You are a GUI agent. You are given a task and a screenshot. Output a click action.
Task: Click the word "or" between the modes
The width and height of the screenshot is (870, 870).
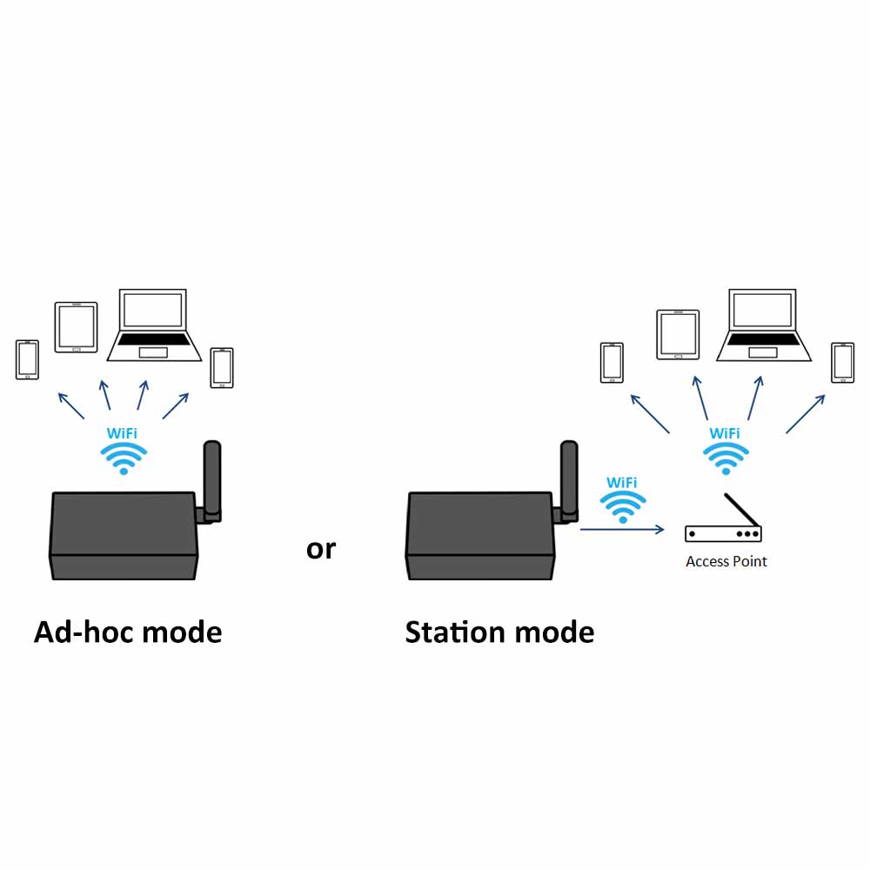(320, 550)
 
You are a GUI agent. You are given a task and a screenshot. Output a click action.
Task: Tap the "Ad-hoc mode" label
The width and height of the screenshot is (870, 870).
(128, 632)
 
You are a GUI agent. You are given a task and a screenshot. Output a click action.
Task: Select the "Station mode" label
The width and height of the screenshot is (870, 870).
(499, 632)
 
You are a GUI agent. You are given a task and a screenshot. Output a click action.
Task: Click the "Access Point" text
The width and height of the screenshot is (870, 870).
(726, 561)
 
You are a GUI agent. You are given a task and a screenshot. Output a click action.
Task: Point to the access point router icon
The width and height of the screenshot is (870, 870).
(723, 532)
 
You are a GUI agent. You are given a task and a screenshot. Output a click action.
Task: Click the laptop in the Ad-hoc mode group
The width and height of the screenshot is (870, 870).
(154, 325)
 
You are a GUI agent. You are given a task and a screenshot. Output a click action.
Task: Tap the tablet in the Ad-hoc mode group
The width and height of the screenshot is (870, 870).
(77, 327)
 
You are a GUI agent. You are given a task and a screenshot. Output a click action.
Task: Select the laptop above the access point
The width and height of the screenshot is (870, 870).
(763, 325)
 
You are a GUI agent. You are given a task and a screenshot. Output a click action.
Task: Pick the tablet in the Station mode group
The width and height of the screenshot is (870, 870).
(678, 334)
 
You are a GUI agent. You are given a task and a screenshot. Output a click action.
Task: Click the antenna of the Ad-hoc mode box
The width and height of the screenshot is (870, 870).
(211, 479)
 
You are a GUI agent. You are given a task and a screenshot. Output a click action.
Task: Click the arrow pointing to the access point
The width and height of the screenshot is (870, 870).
(622, 529)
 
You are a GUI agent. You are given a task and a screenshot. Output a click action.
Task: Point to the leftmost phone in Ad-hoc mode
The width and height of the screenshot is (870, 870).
(28, 359)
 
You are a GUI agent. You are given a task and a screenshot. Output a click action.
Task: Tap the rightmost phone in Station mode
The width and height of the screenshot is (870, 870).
(842, 362)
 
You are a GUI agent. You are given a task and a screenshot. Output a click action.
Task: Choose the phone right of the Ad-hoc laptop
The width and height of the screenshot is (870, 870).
(222, 367)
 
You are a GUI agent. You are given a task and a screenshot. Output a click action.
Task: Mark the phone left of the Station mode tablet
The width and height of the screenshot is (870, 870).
(612, 362)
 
